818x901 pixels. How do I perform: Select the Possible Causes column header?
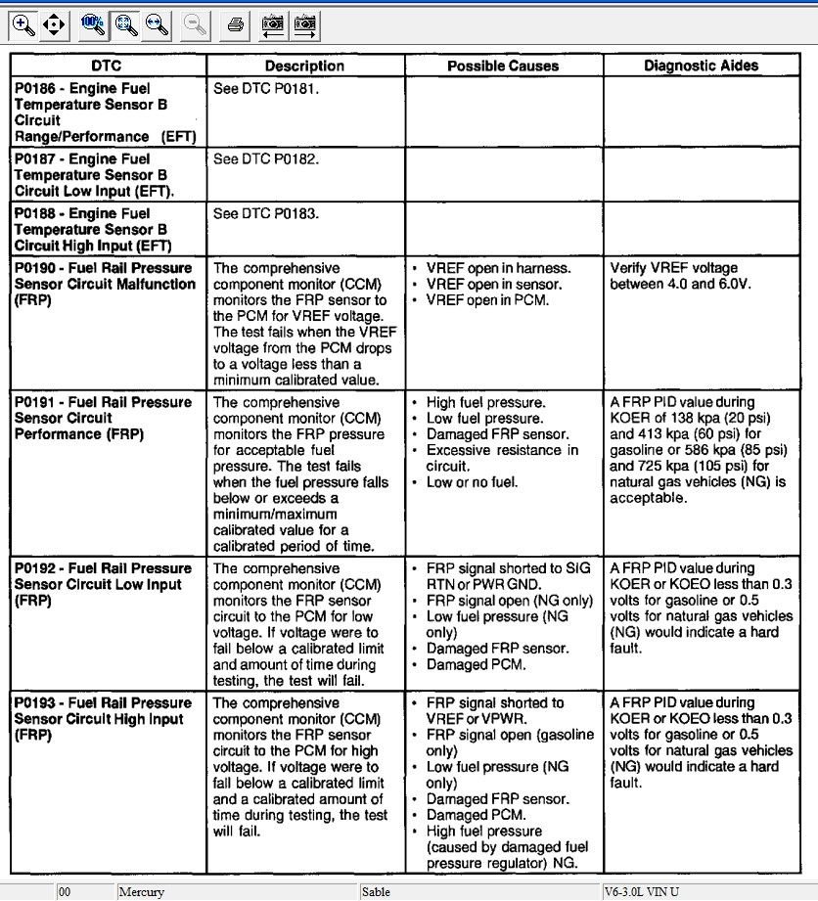point(503,66)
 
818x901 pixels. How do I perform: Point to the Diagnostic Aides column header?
point(701,66)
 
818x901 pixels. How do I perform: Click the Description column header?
point(304,66)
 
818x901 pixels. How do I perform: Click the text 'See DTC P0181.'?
point(266,88)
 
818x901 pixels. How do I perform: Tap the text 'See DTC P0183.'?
point(266,213)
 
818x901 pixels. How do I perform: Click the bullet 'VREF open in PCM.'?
point(487,300)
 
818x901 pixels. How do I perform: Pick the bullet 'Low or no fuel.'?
point(472,482)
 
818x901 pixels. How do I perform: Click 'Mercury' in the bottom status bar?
point(142,892)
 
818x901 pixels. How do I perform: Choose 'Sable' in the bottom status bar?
point(377,892)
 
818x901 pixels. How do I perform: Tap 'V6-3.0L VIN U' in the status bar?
point(647,892)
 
